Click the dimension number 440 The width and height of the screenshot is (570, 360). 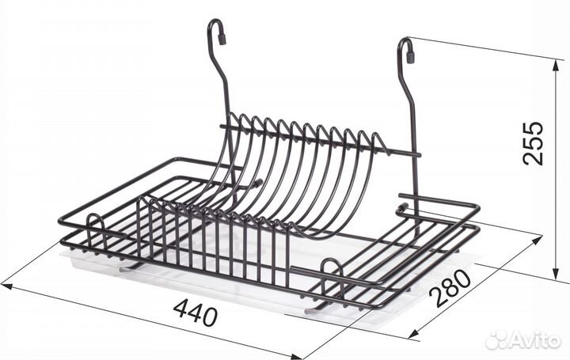(196, 311)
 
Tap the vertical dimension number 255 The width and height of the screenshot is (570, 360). (533, 143)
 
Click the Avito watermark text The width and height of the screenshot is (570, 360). (534, 341)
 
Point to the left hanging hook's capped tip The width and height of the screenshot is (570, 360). (222, 39)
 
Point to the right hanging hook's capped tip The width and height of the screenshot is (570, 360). (410, 57)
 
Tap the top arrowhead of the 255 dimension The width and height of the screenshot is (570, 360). (556, 66)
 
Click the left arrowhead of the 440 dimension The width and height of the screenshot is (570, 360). (6, 286)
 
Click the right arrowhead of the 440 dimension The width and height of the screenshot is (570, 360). (297, 356)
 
